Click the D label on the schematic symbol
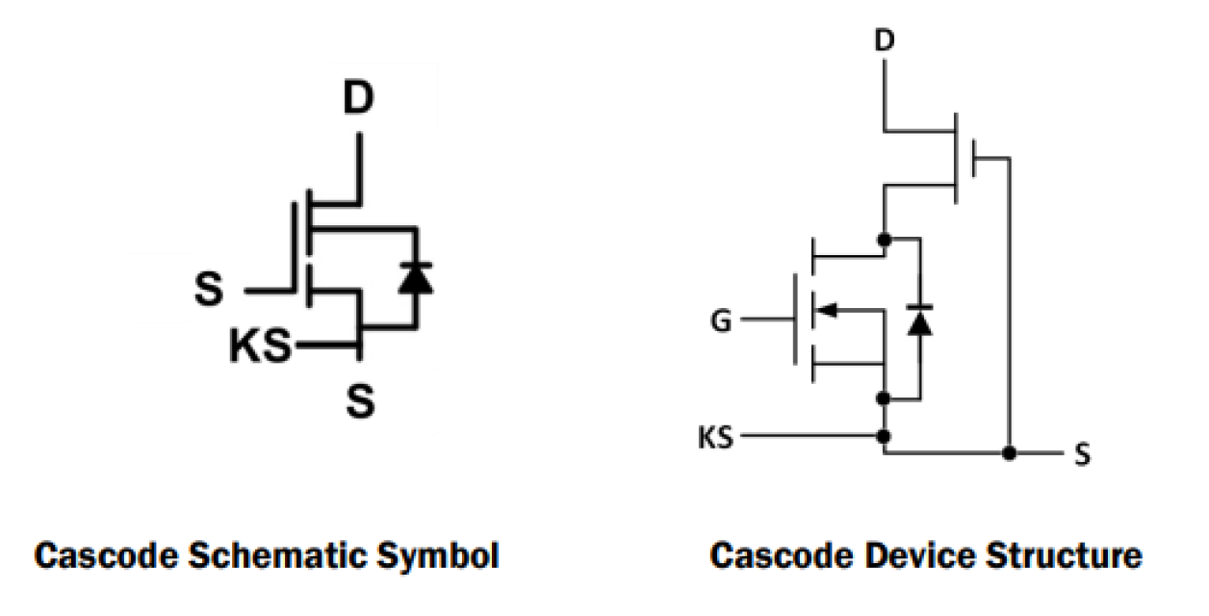(358, 99)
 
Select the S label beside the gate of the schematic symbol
(209, 290)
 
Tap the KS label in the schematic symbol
(260, 346)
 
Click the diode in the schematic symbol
(416, 278)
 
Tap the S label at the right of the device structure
(1083, 454)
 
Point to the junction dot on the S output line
(1009, 452)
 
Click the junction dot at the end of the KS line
(884, 437)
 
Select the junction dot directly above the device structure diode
(884, 238)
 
